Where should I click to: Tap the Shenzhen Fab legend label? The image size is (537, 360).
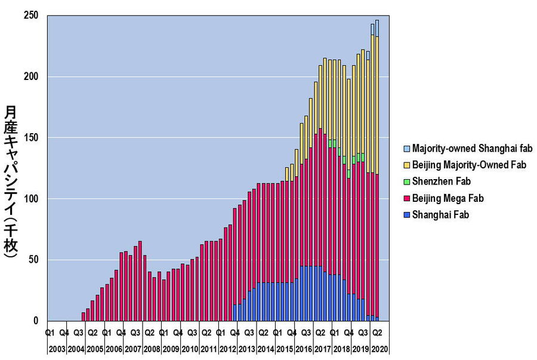tap(442, 181)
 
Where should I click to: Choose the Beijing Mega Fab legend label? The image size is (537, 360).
tap(446, 198)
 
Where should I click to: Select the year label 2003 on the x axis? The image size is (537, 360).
tap(57, 349)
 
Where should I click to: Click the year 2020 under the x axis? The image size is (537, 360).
tap(380, 349)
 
